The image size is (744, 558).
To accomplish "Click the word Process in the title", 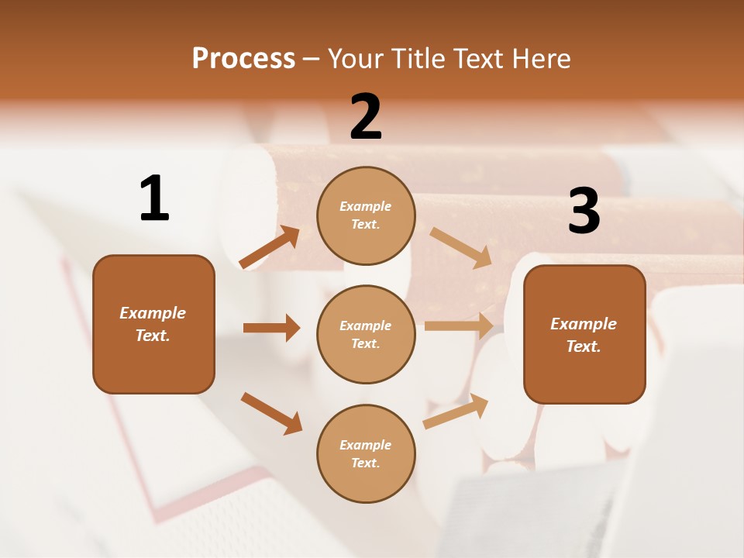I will point(243,58).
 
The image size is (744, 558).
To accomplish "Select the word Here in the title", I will point(540,58).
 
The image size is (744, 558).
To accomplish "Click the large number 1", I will point(154,198).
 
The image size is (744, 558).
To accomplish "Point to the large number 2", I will point(366,117).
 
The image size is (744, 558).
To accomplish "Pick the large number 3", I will point(584,212).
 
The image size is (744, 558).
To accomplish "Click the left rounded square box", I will point(153,324).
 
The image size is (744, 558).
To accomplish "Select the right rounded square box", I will point(584,334).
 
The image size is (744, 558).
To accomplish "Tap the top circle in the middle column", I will point(366,215).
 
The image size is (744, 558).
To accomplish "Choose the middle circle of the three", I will point(366,334).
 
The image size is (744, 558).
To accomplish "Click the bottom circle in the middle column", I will point(366,453).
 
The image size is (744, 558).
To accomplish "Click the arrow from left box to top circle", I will point(270,247).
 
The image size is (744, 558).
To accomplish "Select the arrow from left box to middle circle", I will point(271,328).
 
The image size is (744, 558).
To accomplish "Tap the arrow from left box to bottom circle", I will point(271,413).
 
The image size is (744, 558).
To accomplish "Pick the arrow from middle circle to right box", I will point(459,325).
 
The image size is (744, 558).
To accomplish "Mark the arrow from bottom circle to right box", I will point(456,412).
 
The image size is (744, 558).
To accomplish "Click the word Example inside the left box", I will point(153,313).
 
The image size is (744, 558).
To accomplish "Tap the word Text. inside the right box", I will point(584,346).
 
